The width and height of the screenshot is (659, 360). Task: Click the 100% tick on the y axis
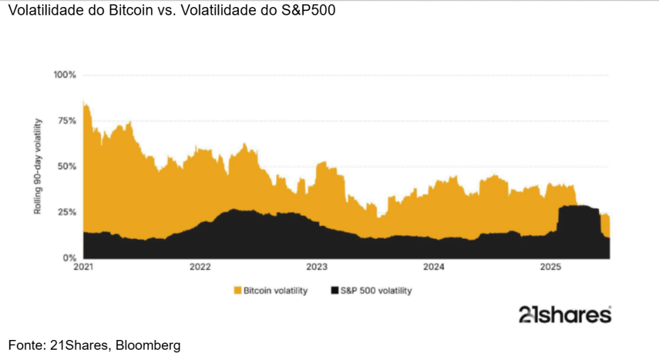pyautogui.click(x=64, y=75)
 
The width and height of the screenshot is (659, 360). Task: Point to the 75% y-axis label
pyautogui.click(x=66, y=120)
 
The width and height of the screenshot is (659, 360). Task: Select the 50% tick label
pyautogui.click(x=66, y=166)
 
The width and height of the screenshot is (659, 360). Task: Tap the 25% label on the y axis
pyautogui.click(x=66, y=212)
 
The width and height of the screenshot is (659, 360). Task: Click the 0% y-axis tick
pyautogui.click(x=69, y=258)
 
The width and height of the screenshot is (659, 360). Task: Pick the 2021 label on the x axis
pyautogui.click(x=84, y=267)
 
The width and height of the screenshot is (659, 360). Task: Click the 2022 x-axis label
pyautogui.click(x=201, y=267)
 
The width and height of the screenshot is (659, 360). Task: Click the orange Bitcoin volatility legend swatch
pyautogui.click(x=238, y=291)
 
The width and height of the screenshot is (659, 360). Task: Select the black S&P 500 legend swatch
pyautogui.click(x=334, y=291)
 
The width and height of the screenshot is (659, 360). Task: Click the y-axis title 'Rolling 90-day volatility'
pyautogui.click(x=38, y=166)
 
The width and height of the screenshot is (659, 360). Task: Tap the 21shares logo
pyautogui.click(x=564, y=314)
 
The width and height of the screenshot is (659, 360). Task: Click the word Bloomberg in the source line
pyautogui.click(x=151, y=346)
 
